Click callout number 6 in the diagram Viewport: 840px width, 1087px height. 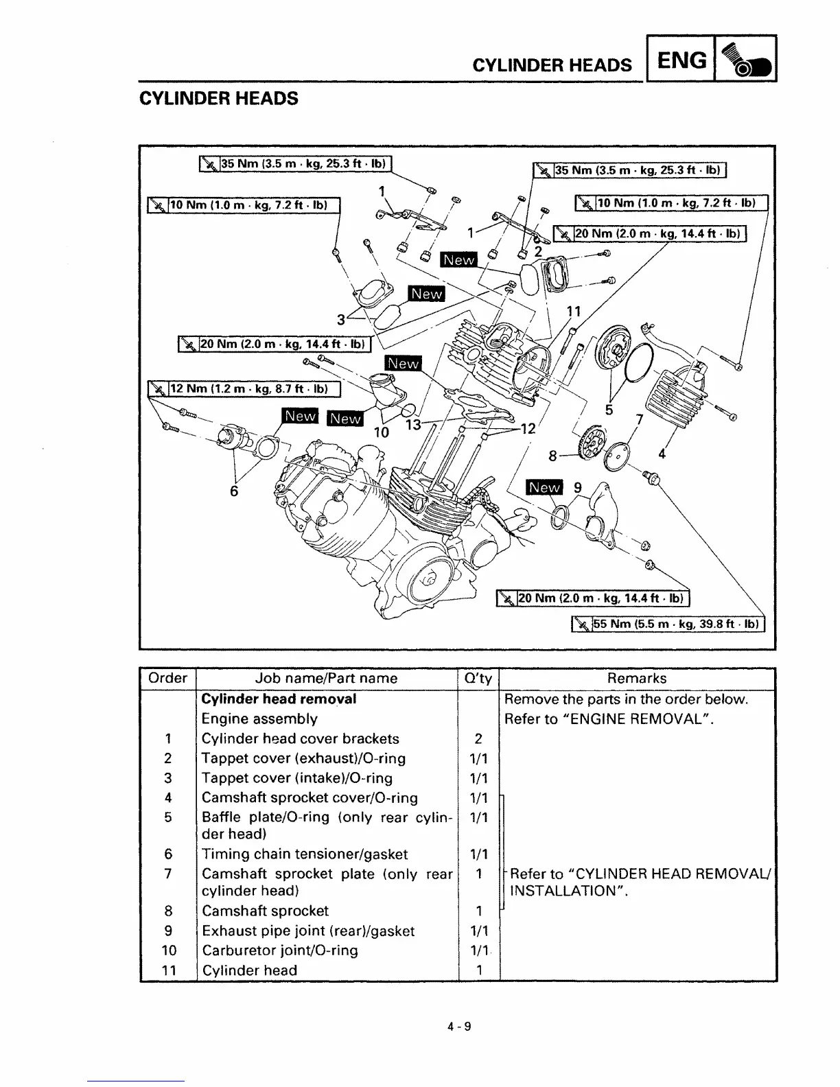pyautogui.click(x=234, y=491)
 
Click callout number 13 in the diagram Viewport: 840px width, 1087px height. pyautogui.click(x=413, y=425)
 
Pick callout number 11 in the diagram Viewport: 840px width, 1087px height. pyautogui.click(x=573, y=312)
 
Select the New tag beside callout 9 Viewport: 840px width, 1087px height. pyautogui.click(x=544, y=487)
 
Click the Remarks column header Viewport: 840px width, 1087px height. pyautogui.click(x=636, y=678)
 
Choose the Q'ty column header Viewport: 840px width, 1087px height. pyautogui.click(x=478, y=678)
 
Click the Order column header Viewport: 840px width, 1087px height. pyautogui.click(x=167, y=678)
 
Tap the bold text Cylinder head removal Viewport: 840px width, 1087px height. pyautogui.click(x=279, y=699)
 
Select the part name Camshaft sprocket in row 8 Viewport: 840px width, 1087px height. pyautogui.click(x=265, y=911)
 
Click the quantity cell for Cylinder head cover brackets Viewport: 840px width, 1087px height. pyautogui.click(x=478, y=738)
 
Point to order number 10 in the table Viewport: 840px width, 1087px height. pyautogui.click(x=168, y=950)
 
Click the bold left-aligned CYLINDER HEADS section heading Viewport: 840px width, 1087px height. pyautogui.click(x=219, y=98)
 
